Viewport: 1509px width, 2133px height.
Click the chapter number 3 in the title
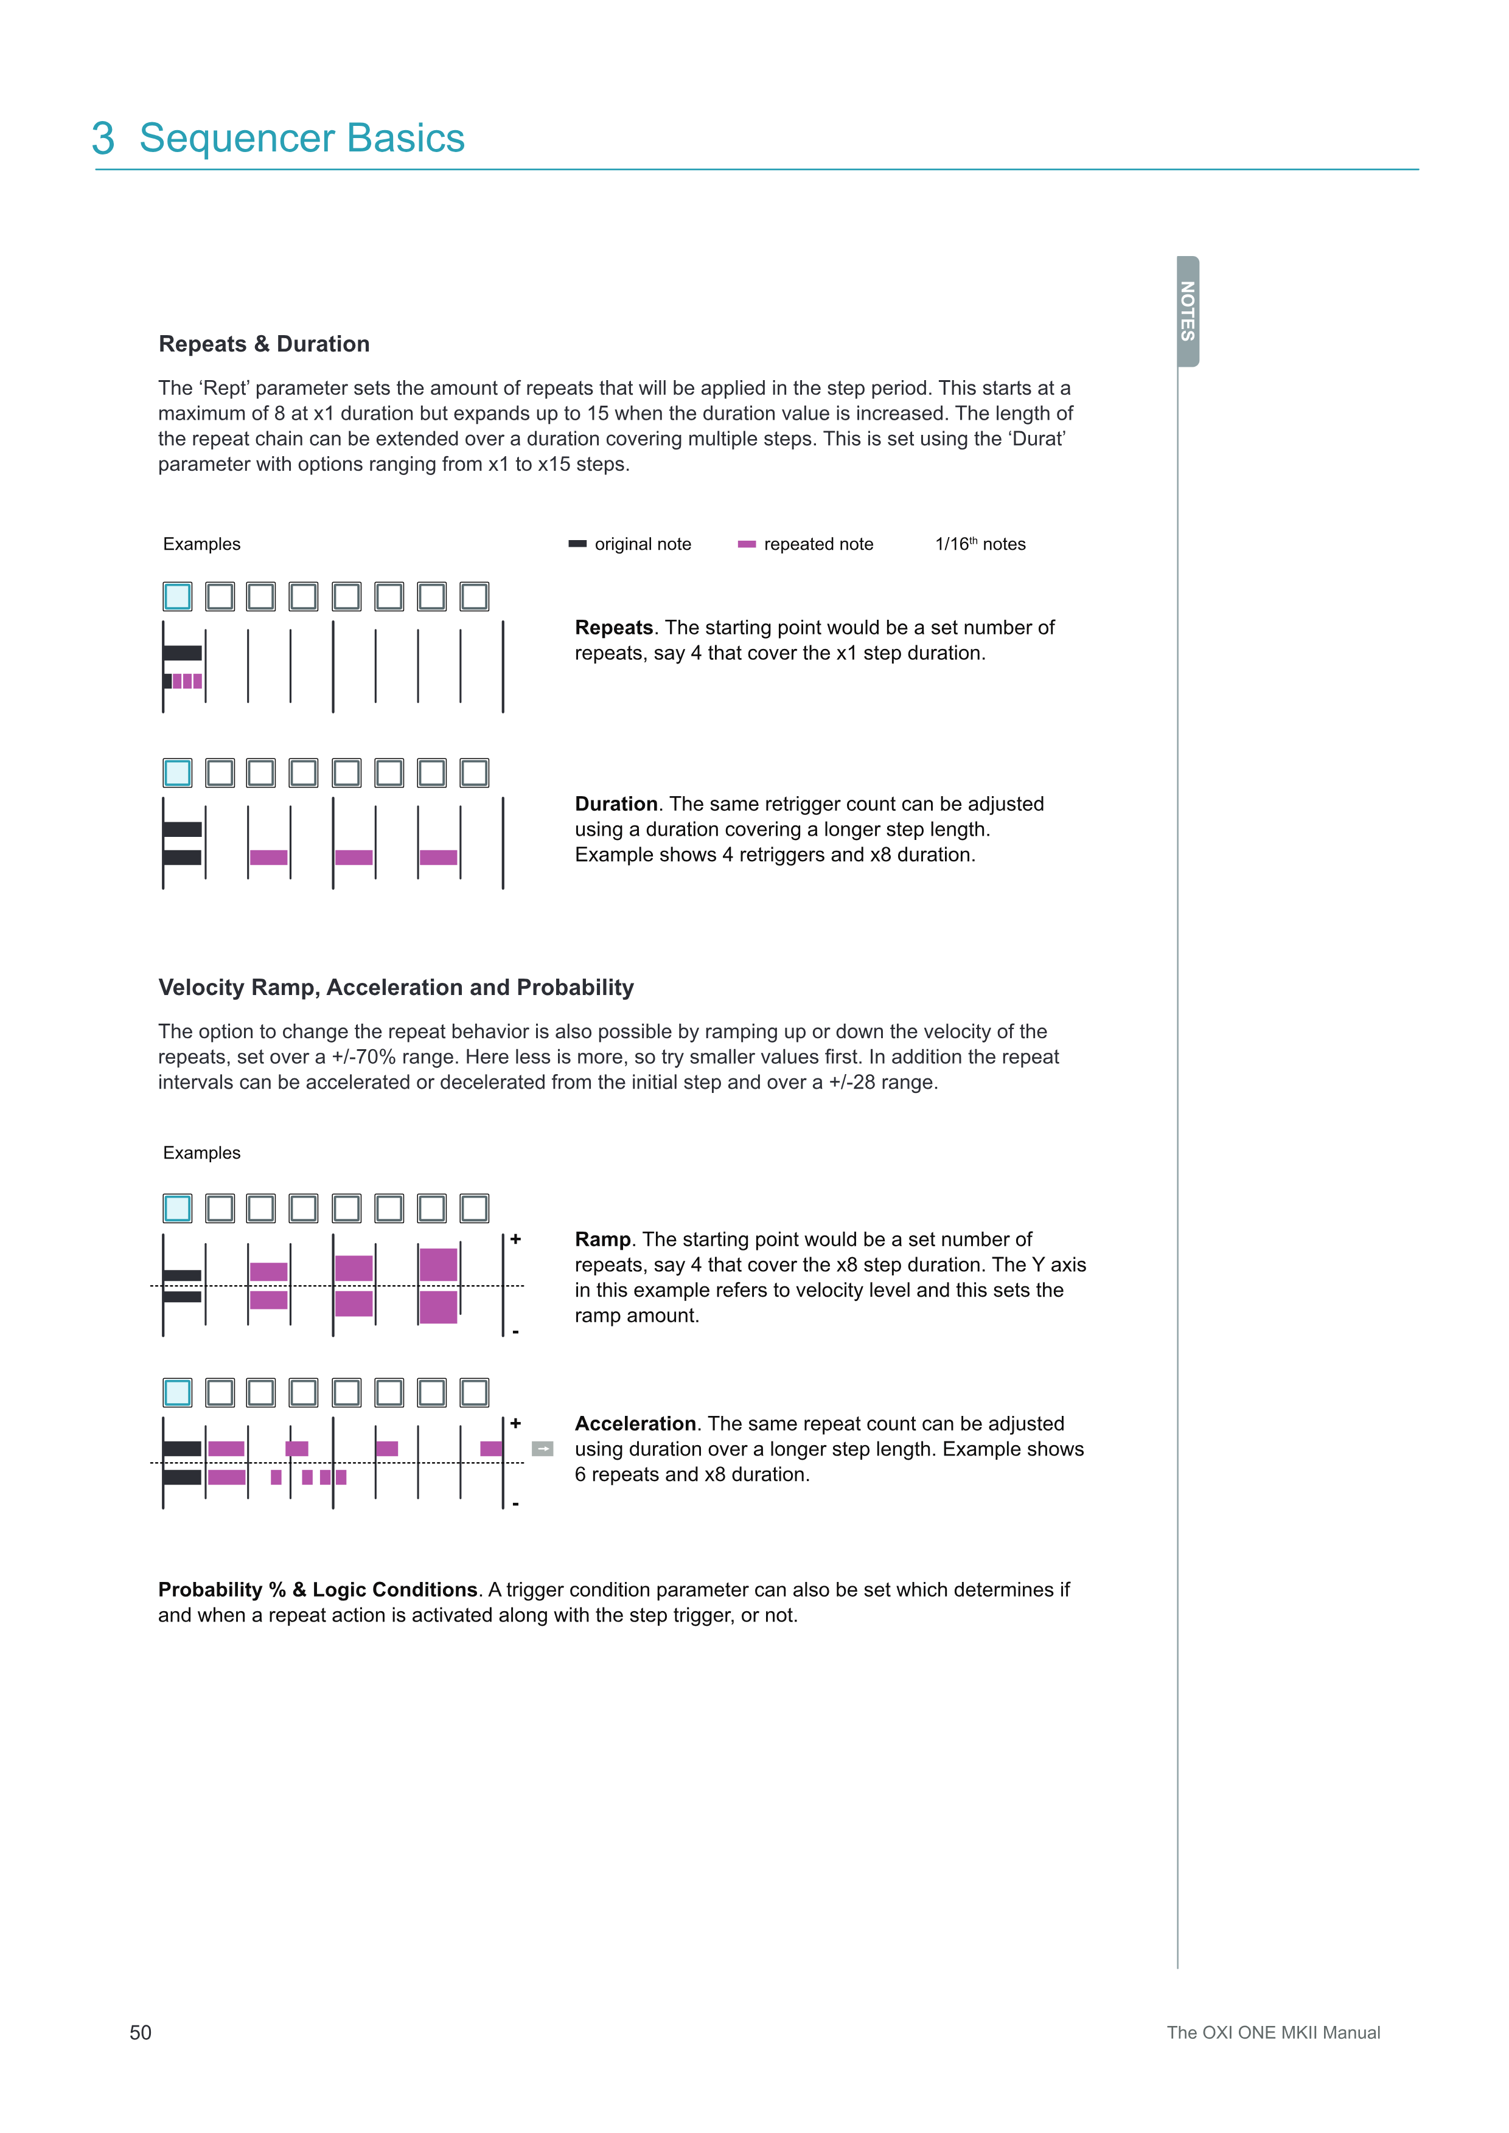(x=103, y=139)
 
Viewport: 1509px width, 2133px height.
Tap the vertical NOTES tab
(x=1188, y=311)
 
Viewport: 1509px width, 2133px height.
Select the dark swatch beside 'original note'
(x=577, y=544)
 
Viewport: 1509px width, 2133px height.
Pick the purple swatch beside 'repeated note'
(x=746, y=544)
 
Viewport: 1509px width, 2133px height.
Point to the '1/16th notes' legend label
(x=980, y=544)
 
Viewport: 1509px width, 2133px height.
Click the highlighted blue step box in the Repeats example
(x=178, y=597)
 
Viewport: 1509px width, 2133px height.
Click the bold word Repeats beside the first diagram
(x=613, y=628)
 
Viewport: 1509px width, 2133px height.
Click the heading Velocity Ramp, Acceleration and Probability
(x=396, y=988)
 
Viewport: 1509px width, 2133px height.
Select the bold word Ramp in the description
(x=602, y=1240)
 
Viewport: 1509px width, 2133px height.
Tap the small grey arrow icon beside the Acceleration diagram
(x=543, y=1448)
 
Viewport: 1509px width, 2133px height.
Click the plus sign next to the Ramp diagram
(x=516, y=1240)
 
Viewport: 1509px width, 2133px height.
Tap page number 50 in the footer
(x=141, y=2033)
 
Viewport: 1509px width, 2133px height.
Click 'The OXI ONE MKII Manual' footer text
(x=1273, y=2033)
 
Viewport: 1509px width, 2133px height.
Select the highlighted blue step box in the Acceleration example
(x=178, y=1393)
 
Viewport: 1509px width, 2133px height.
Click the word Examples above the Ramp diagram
(x=201, y=1153)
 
